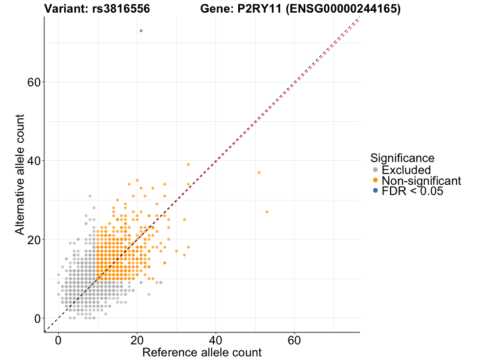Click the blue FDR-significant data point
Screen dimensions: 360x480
coord(141,31)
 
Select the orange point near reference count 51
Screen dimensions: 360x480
coord(259,172)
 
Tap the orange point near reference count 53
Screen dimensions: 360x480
coord(267,212)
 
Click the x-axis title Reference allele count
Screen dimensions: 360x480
coord(202,352)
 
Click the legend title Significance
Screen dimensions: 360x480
coord(402,158)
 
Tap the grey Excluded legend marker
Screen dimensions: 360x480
coord(376,170)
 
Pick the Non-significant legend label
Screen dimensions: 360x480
coord(421,181)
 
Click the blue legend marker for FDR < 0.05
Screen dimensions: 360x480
coord(376,191)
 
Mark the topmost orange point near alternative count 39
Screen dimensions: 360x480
coord(188,164)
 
